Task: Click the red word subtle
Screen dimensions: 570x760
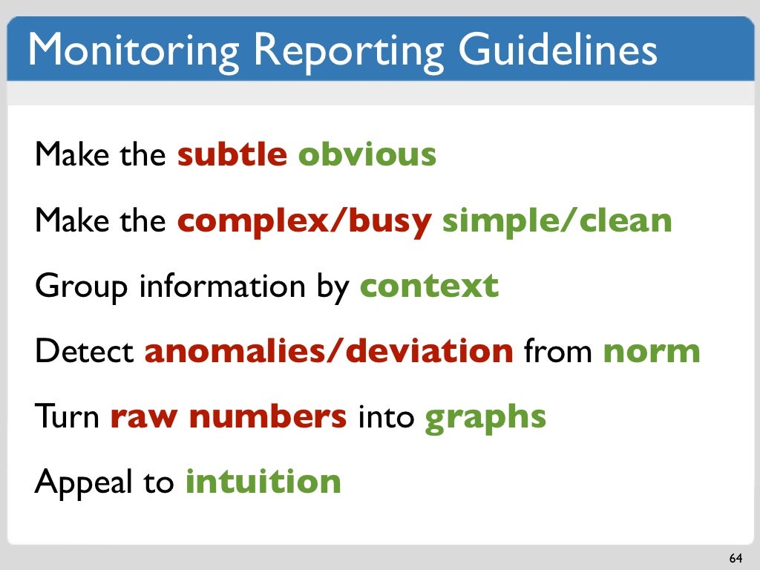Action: pos(232,154)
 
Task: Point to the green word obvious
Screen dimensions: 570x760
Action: pos(367,154)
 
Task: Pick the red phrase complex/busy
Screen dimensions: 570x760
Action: pos(304,220)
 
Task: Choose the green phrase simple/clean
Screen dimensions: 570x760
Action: pos(557,220)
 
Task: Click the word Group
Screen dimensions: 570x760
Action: pos(81,286)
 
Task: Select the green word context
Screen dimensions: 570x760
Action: pos(429,286)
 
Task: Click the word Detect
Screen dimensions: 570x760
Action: pos(84,351)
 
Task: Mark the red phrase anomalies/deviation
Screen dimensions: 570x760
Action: pos(329,351)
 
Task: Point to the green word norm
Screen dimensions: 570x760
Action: pos(652,351)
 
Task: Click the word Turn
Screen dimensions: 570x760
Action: pos(68,416)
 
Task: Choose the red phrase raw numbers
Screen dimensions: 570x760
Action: pos(229,416)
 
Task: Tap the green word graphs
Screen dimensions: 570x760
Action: pos(485,418)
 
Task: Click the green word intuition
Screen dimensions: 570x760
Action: pos(263,482)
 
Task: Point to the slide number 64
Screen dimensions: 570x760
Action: pos(736,558)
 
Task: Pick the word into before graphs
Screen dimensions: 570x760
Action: pos(385,416)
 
